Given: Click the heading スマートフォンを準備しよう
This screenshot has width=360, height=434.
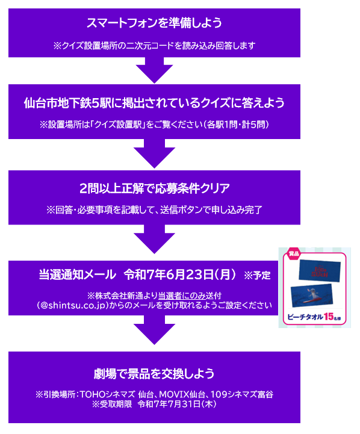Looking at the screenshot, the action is coord(154,23).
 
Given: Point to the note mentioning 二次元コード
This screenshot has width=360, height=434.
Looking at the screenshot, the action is coord(154,45).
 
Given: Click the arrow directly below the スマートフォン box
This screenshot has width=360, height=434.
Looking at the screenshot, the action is coord(154,70).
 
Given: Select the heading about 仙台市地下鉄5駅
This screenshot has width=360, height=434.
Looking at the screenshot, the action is coord(154,103).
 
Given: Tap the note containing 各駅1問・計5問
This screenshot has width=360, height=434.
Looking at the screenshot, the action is coord(154,125).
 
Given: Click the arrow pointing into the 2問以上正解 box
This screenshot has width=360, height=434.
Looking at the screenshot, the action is coord(154,153).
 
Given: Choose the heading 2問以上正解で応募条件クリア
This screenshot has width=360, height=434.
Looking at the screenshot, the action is coord(154,188).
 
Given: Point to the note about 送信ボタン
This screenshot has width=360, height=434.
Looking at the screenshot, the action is coord(154,210).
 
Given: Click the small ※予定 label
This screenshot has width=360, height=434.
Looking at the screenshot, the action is coord(257,276).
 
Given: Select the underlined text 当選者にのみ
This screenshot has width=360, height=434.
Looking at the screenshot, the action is coord(182,296).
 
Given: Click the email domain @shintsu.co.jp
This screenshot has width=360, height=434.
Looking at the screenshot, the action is coord(72,306).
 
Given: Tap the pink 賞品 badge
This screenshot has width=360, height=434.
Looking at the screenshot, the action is coord(294,253).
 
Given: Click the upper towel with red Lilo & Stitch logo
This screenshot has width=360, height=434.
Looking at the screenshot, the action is coord(320,271).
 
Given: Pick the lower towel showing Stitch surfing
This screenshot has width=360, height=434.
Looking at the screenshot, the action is coord(312,296).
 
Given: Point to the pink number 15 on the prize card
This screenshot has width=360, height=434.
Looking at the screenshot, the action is coord(329,317).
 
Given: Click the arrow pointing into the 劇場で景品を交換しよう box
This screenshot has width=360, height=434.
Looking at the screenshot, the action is coord(154,330).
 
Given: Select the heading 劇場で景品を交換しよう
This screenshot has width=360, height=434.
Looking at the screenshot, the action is coord(154,374).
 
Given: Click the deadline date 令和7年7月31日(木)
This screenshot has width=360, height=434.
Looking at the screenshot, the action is coord(177,404).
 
